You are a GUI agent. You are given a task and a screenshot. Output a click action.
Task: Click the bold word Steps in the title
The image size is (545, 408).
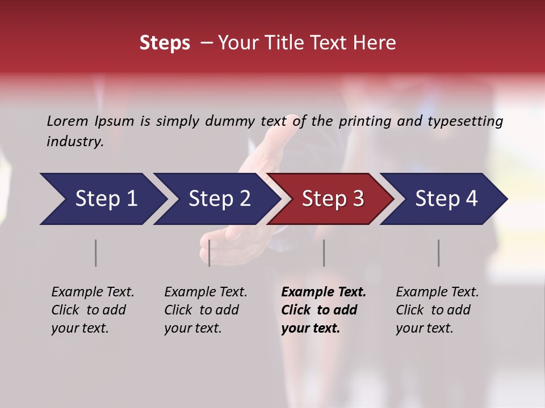165,43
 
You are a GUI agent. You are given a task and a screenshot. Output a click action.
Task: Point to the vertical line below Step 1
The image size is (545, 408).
95,253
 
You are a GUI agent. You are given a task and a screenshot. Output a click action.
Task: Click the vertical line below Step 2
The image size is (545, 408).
209,253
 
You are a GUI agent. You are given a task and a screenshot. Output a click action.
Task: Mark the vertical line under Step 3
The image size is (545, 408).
324,253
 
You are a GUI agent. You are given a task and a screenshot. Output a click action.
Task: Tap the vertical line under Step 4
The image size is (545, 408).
438,253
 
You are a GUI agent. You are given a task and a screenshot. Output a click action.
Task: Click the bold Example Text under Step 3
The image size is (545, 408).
324,292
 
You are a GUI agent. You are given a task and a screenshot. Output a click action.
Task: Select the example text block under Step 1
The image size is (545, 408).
93,310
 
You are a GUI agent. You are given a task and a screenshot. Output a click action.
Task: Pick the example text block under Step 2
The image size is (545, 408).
206,310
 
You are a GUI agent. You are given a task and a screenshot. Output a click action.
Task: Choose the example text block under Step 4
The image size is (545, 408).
437,310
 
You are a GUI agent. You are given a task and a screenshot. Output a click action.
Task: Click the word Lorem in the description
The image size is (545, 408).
68,121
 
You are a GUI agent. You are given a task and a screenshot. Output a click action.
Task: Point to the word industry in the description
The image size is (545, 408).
74,142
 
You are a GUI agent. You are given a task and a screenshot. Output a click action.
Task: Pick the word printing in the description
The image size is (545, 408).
363,121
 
